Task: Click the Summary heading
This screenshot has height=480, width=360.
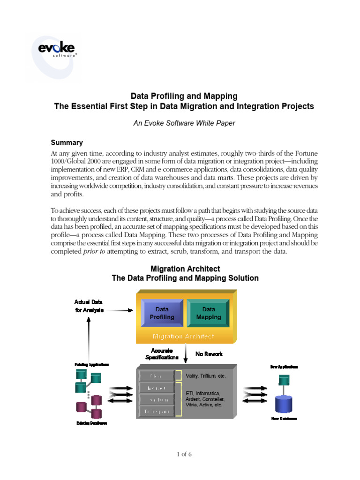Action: click(67, 142)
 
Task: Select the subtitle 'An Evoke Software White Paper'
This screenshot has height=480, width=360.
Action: click(184, 123)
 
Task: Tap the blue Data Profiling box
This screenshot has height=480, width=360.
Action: click(162, 313)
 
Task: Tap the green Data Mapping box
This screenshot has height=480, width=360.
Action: click(209, 313)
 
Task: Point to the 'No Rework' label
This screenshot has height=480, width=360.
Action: click(209, 354)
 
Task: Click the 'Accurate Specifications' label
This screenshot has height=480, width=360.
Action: click(162, 354)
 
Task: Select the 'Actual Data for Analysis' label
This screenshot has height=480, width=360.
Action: click(89, 306)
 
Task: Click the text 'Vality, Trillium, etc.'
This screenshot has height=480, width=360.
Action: click(206, 376)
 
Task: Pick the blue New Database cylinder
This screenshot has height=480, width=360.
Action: click(284, 404)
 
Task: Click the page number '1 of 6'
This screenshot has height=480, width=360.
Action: click(184, 454)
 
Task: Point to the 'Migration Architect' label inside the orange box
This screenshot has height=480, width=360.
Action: click(184, 336)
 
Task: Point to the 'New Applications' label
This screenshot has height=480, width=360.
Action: click(284, 367)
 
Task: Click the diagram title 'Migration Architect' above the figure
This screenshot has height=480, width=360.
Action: click(185, 269)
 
